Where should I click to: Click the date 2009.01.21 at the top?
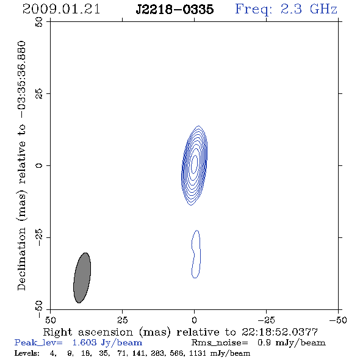tap(61, 9)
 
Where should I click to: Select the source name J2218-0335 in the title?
tap(175, 10)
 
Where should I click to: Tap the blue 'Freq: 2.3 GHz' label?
tap(286, 10)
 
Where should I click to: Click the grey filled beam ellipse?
tap(82, 278)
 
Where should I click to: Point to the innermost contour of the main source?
tap(195, 164)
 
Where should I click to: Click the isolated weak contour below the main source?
tap(196, 254)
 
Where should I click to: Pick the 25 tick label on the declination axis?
tap(39, 94)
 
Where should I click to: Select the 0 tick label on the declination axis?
tap(39, 165)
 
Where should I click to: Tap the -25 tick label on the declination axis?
tap(39, 237)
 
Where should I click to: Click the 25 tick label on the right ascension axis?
tap(122, 320)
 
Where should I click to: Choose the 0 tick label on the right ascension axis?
tap(194, 320)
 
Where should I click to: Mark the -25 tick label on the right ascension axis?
tap(266, 320)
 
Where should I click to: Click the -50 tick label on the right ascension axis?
tap(338, 320)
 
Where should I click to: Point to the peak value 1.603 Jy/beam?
tap(107, 342)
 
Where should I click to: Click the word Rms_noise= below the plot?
tap(220, 343)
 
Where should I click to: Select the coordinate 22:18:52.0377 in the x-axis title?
tap(279, 332)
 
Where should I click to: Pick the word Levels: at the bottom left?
tap(27, 353)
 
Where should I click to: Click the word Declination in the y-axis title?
tap(21, 259)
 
